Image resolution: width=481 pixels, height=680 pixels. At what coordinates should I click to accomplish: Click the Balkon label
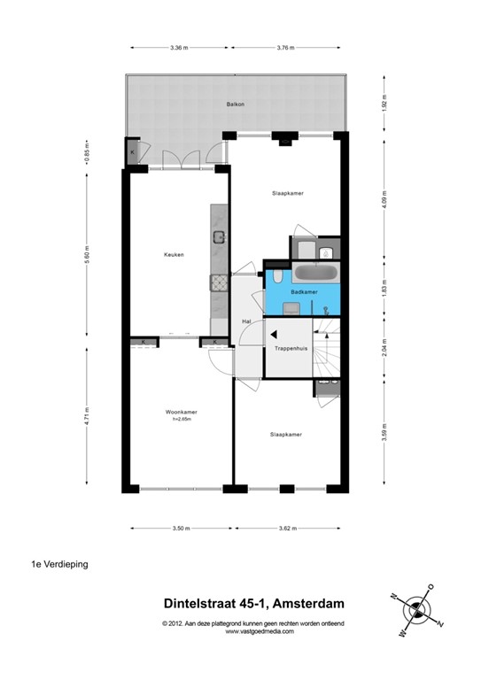point(235,104)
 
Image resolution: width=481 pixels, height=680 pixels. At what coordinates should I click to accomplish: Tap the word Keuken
point(173,255)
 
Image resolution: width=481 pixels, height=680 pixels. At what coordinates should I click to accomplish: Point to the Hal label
point(247,321)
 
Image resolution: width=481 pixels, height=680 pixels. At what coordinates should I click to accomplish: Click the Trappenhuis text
point(291,349)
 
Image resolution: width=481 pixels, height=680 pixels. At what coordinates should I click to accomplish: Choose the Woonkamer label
point(180,413)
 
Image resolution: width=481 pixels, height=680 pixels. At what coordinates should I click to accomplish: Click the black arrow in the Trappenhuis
point(275,335)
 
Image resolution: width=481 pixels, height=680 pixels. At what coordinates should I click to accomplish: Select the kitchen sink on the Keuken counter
point(218,236)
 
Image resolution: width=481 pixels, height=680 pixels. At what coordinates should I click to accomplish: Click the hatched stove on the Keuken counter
point(218,282)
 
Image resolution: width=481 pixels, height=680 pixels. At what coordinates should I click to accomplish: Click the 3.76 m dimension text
point(284,48)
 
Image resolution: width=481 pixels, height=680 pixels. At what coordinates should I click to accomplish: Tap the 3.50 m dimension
point(181,529)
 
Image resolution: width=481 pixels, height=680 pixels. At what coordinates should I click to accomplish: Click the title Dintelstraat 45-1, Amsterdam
point(253,604)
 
